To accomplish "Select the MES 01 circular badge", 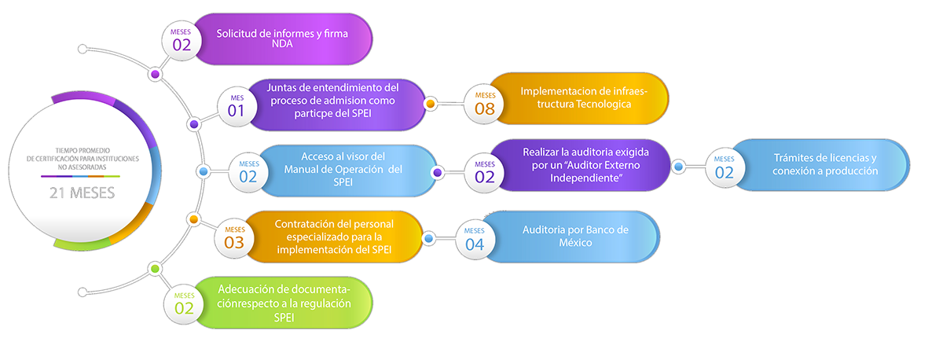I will pos(237,105).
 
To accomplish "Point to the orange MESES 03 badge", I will pos(234,237).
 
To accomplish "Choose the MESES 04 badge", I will pos(475,238).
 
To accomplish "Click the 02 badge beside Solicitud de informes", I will pos(182,39).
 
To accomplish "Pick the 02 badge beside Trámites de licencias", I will pos(724,167).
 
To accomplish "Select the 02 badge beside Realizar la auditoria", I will pos(485,171).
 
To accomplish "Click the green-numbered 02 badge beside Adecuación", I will pos(184,303).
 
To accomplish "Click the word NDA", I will pos(281,45).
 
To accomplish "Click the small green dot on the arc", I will pos(156,269).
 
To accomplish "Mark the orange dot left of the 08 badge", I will pos(430,103).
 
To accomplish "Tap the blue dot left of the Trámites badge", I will pos(677,167).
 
